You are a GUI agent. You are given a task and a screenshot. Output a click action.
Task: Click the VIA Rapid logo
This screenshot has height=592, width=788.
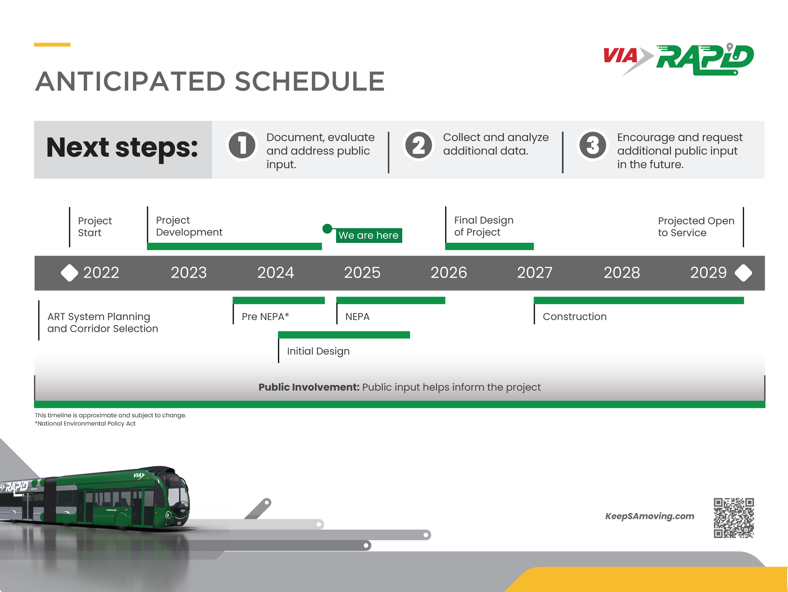click(x=678, y=59)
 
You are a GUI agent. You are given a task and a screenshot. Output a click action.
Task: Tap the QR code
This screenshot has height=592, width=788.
click(x=734, y=518)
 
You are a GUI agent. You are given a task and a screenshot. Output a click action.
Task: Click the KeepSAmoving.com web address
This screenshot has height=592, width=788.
click(x=649, y=516)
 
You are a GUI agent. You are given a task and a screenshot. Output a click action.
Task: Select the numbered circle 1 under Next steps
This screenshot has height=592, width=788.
click(x=242, y=145)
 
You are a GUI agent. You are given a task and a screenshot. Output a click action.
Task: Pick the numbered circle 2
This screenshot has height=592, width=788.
click(x=419, y=145)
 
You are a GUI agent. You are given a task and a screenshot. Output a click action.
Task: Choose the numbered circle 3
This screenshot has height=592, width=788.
click(x=593, y=145)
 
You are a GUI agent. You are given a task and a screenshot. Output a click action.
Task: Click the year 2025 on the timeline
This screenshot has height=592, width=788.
click(x=362, y=273)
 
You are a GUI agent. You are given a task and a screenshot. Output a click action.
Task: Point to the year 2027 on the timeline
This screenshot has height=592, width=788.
click(x=535, y=273)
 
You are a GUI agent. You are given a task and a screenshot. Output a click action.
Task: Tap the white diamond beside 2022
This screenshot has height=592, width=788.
click(x=69, y=273)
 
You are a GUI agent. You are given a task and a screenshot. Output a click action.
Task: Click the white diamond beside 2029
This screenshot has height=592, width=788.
click(x=743, y=273)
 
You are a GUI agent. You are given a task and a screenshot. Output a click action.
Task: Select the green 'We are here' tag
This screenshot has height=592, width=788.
click(x=369, y=235)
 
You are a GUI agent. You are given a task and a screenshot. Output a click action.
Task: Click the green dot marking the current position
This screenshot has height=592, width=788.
click(x=327, y=228)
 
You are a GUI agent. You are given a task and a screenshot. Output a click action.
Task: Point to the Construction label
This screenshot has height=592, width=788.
click(x=575, y=317)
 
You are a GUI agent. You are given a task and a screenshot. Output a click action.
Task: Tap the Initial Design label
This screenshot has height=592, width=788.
click(x=318, y=351)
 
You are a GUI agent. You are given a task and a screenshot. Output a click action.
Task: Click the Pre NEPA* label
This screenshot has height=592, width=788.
click(x=265, y=317)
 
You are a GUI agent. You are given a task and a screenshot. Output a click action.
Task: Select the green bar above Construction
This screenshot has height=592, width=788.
click(x=638, y=300)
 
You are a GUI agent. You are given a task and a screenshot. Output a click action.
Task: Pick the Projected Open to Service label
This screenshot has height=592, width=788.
click(x=696, y=227)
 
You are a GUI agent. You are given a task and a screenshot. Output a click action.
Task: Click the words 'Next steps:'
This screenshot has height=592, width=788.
click(x=122, y=148)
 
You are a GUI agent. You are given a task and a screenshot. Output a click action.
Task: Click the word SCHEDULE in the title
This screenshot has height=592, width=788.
click(x=310, y=82)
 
